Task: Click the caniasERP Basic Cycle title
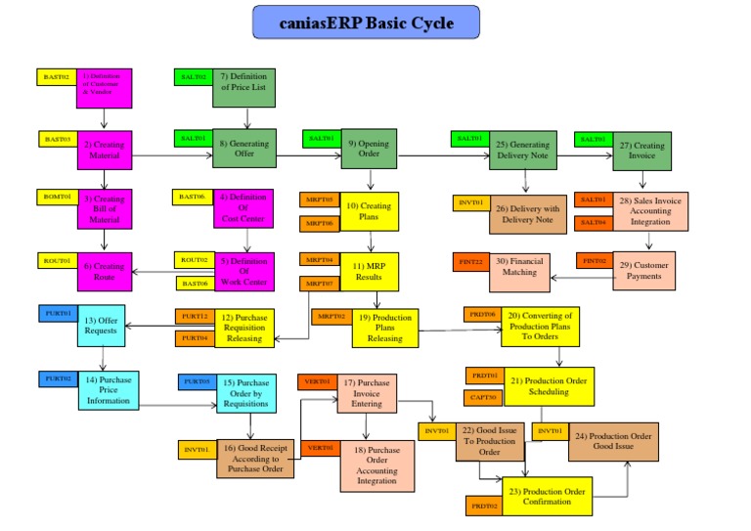367,22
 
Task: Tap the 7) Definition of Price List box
243,87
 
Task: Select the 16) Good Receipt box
255,458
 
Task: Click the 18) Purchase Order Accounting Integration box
377,465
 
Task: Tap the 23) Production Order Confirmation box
547,497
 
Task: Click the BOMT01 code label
57,197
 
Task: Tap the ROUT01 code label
57,260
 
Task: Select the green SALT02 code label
193,75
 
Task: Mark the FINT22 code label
471,261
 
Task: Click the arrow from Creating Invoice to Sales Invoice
643,181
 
